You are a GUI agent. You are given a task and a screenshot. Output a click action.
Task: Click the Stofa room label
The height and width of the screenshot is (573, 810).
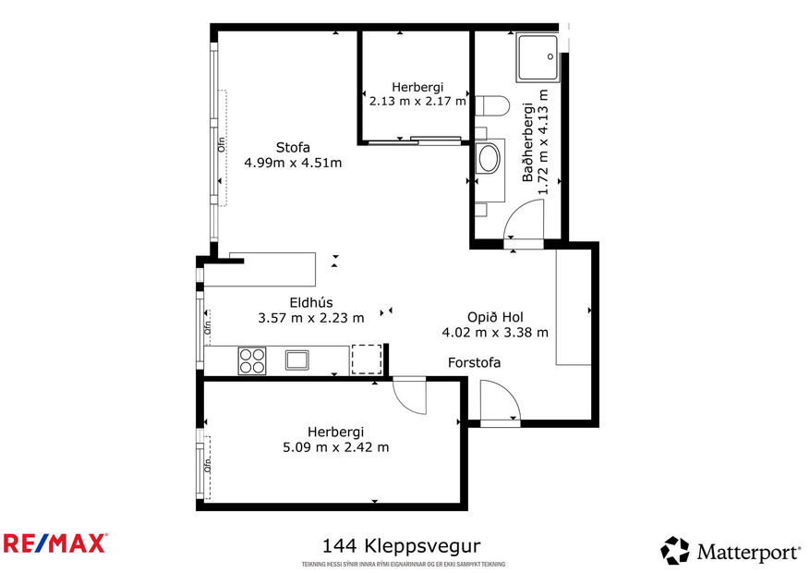point(293,147)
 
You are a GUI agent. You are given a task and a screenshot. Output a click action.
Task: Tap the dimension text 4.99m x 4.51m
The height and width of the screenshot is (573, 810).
point(293,163)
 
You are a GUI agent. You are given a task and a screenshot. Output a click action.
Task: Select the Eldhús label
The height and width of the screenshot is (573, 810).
point(310,302)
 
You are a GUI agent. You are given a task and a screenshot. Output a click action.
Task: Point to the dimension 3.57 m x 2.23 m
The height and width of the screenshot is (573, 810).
point(310,317)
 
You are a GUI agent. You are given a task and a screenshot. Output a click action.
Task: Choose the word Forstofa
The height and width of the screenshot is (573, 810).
point(474,362)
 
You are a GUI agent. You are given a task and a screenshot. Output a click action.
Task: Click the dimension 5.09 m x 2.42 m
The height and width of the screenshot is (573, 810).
point(335,446)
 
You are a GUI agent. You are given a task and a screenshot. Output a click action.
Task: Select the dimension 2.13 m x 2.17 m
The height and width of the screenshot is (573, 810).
point(417,101)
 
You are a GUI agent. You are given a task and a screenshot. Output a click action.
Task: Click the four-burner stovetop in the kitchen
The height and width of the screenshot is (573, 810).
point(253,360)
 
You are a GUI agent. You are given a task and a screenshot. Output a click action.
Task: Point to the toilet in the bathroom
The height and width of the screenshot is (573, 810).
point(491,107)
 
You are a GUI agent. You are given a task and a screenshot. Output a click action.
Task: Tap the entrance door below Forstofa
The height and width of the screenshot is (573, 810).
point(498,403)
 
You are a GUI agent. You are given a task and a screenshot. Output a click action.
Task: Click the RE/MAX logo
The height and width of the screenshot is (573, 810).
point(54,543)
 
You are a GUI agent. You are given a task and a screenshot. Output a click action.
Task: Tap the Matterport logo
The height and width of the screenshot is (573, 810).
point(731,552)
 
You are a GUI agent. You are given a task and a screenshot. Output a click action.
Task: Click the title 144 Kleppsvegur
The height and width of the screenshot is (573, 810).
point(401,546)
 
